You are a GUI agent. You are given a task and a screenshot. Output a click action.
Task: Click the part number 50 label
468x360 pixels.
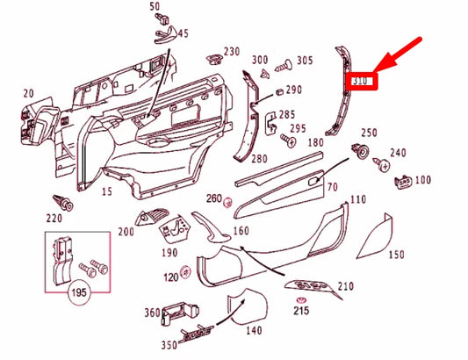coord(155,7)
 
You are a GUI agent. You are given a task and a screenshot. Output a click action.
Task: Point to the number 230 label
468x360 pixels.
coord(232,51)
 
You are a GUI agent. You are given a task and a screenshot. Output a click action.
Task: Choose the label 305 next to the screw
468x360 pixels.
coord(304,61)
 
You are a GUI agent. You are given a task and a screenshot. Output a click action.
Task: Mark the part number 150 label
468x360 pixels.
coord(397,255)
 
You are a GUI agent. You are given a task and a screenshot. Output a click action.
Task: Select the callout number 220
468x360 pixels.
coord(55,218)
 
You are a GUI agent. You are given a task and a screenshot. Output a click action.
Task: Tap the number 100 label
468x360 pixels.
coord(423,180)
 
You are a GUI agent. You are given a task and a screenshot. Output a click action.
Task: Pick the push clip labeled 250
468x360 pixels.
coord(359,151)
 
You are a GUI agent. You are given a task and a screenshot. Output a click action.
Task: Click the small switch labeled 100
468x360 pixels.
coord(402,180)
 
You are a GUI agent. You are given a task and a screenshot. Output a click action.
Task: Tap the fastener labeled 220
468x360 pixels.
coord(61,199)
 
